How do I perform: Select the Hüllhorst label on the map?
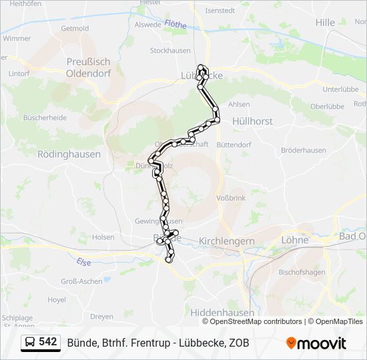[252, 121]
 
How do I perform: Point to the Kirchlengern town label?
[226, 241]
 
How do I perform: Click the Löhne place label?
[295, 240]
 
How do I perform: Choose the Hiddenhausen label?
[222, 312]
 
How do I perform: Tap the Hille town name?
[325, 22]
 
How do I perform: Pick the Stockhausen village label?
[171, 51]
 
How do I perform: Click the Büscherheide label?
[45, 117]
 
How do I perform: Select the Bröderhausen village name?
[304, 151]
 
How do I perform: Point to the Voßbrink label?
[232, 198]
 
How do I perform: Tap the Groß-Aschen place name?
[82, 281]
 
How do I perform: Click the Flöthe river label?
[175, 23]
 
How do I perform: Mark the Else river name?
[83, 262]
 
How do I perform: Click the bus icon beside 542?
[31, 343]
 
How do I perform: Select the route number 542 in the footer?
[48, 342]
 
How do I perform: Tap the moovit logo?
[316, 343]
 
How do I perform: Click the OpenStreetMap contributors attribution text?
[256, 321]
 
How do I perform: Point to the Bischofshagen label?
[301, 272]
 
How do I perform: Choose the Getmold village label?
[75, 29]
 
